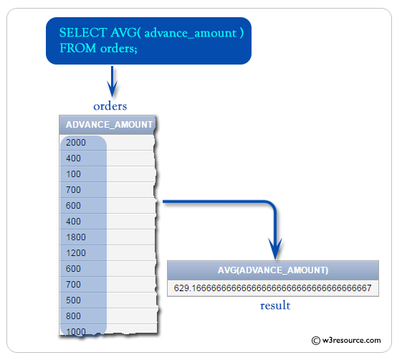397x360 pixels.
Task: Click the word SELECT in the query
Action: point(80,33)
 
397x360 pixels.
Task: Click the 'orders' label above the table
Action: point(110,106)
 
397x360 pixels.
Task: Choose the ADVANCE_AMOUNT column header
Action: point(109,125)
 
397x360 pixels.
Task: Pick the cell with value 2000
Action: point(75,143)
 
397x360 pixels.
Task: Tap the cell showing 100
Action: point(73,174)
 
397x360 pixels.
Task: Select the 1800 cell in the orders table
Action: point(75,237)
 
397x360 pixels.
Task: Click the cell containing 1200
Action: point(75,253)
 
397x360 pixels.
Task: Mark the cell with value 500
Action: point(73,300)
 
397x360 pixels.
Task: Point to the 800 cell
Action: point(73,316)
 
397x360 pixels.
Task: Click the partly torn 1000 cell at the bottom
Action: point(75,331)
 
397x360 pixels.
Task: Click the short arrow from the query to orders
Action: point(112,80)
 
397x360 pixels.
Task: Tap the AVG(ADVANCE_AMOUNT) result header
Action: point(273,270)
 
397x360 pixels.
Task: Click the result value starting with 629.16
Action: point(272,288)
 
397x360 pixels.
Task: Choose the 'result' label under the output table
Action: point(275,306)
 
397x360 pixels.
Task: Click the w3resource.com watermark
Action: point(346,341)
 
